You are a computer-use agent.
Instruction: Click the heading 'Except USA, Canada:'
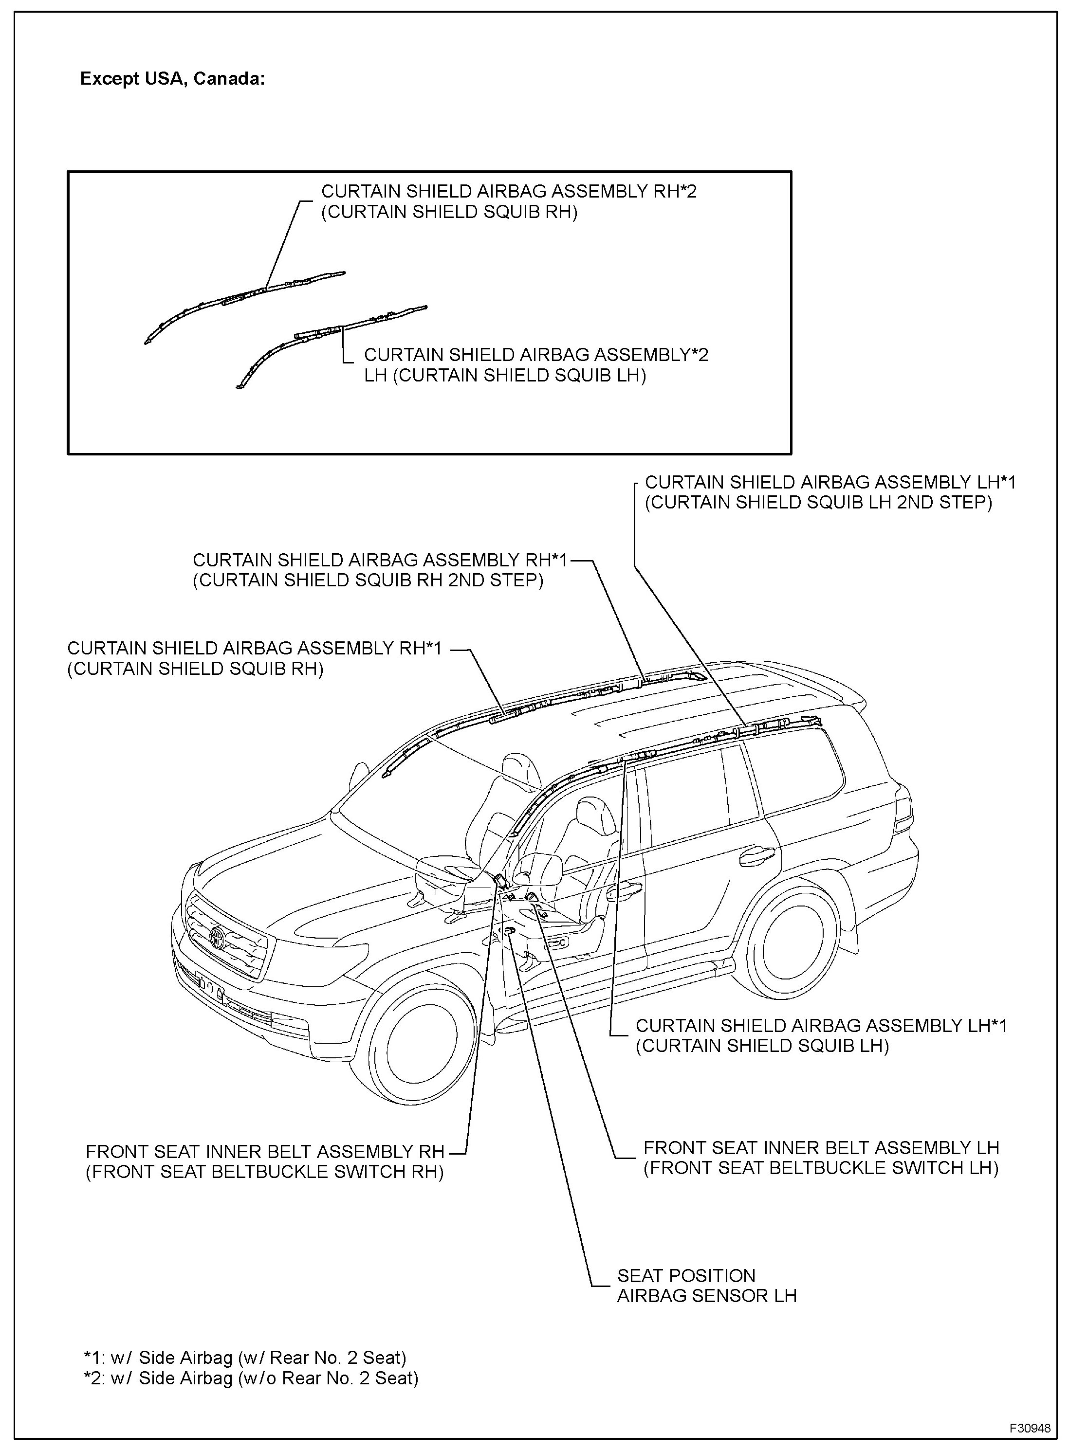point(172,79)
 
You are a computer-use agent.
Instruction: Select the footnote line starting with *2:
point(251,1378)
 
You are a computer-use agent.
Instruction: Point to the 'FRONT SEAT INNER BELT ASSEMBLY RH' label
point(265,1152)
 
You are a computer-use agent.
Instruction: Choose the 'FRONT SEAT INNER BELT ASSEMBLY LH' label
point(821,1147)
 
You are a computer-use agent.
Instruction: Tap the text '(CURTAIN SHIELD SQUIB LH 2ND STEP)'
point(818,503)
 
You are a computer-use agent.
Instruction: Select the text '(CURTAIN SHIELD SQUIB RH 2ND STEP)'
point(368,580)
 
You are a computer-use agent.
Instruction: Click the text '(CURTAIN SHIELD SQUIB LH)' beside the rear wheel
point(762,1046)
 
